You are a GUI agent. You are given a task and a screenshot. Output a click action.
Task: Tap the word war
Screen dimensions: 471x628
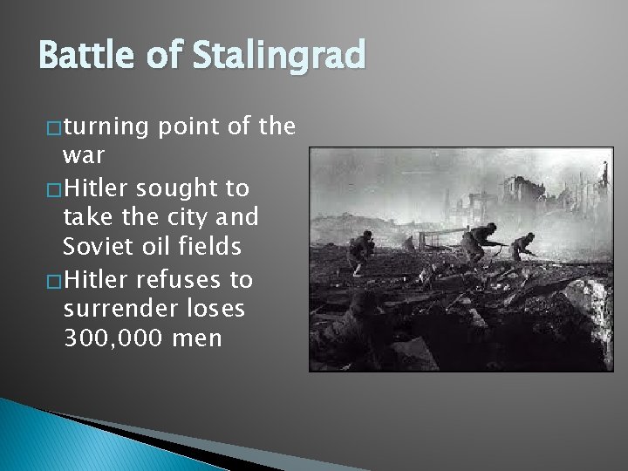(84, 158)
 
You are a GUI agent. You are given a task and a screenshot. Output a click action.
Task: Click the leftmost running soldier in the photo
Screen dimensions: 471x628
(360, 250)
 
